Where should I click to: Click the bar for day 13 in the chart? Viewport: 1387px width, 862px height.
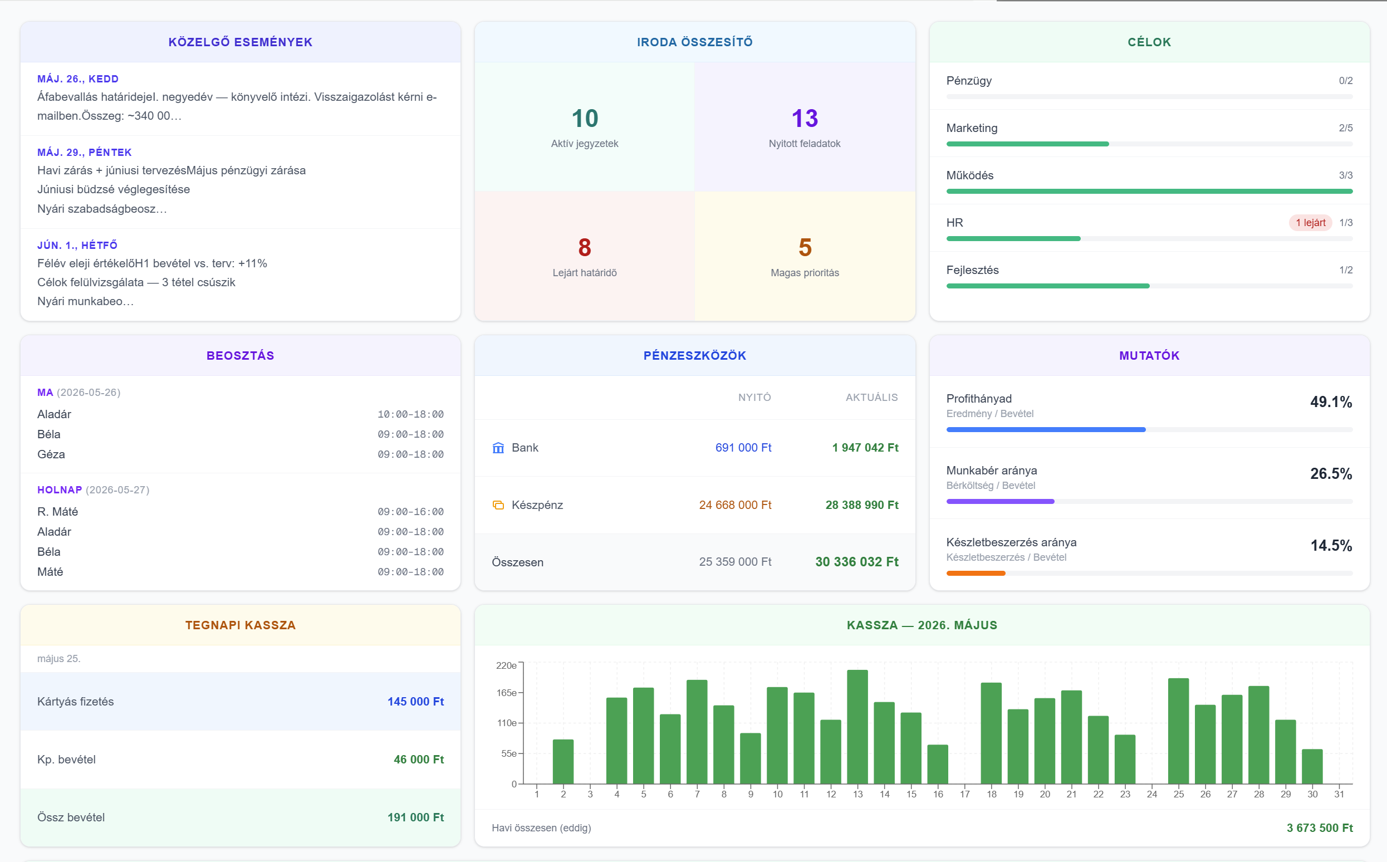point(857,727)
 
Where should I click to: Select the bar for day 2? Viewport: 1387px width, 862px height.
point(563,762)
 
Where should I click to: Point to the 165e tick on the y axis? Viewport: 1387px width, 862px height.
point(506,693)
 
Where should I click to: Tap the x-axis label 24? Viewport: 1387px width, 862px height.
point(1151,794)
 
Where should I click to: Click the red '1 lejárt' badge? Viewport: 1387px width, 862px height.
point(1311,222)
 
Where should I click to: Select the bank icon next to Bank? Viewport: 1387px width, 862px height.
point(498,448)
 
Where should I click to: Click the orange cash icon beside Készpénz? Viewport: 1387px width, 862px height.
point(498,505)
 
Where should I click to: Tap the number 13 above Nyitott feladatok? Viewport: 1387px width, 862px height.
point(805,119)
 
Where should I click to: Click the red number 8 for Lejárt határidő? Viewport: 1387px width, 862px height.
point(584,247)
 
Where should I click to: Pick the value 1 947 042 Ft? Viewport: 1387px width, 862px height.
point(865,448)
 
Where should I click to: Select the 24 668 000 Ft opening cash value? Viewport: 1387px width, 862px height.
point(735,505)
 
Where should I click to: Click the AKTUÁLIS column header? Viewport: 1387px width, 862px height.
point(871,398)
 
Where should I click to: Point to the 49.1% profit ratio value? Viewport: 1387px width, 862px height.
point(1331,402)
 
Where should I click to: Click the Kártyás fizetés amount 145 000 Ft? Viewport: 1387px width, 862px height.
point(415,702)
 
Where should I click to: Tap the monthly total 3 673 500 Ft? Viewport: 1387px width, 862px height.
point(1319,828)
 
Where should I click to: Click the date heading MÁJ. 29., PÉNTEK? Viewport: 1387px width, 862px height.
point(85,152)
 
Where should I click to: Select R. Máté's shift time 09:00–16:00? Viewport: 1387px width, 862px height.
point(410,512)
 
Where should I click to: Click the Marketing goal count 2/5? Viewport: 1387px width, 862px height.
point(1345,128)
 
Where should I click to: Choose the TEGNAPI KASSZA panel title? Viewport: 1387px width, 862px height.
point(241,625)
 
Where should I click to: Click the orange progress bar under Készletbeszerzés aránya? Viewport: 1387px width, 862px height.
point(976,574)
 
